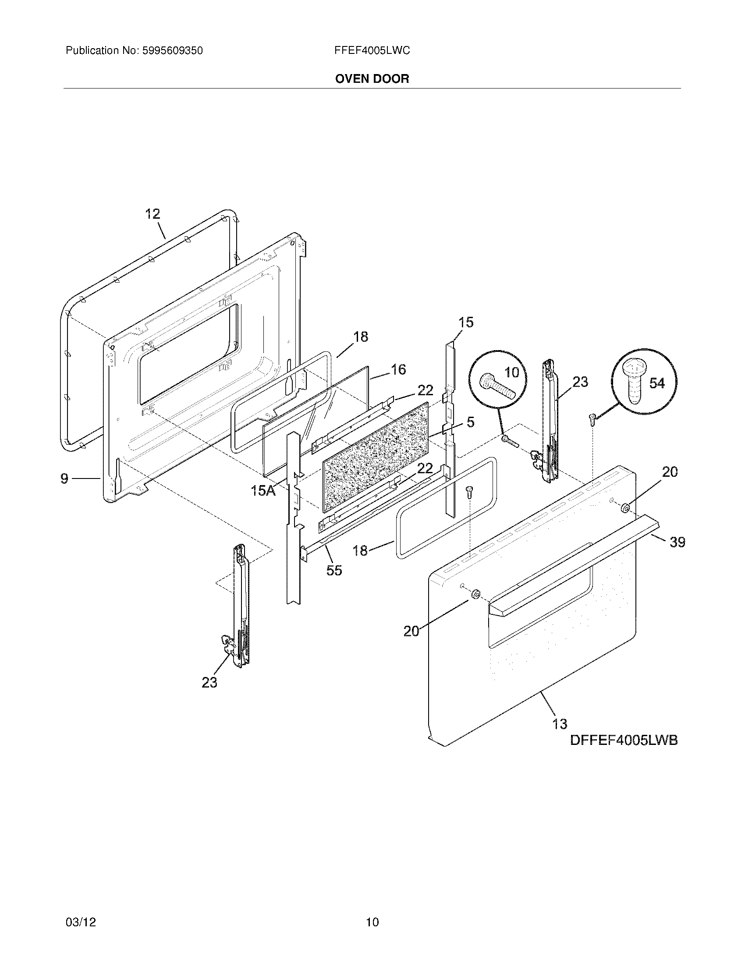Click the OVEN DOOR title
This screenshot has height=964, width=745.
[372, 79]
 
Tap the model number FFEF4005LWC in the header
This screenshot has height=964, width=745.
[372, 51]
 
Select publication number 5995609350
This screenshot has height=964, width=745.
[172, 51]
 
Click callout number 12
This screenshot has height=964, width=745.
[152, 214]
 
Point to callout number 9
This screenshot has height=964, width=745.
[65, 478]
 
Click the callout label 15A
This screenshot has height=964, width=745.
[263, 490]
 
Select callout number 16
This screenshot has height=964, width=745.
[398, 369]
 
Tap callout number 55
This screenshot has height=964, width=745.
[334, 570]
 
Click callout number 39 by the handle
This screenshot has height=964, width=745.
[677, 542]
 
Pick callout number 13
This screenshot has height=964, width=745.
[560, 724]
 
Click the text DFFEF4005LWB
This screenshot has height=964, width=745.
[624, 740]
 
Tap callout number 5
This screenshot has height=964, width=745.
[471, 422]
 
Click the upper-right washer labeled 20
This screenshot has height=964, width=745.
[625, 508]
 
